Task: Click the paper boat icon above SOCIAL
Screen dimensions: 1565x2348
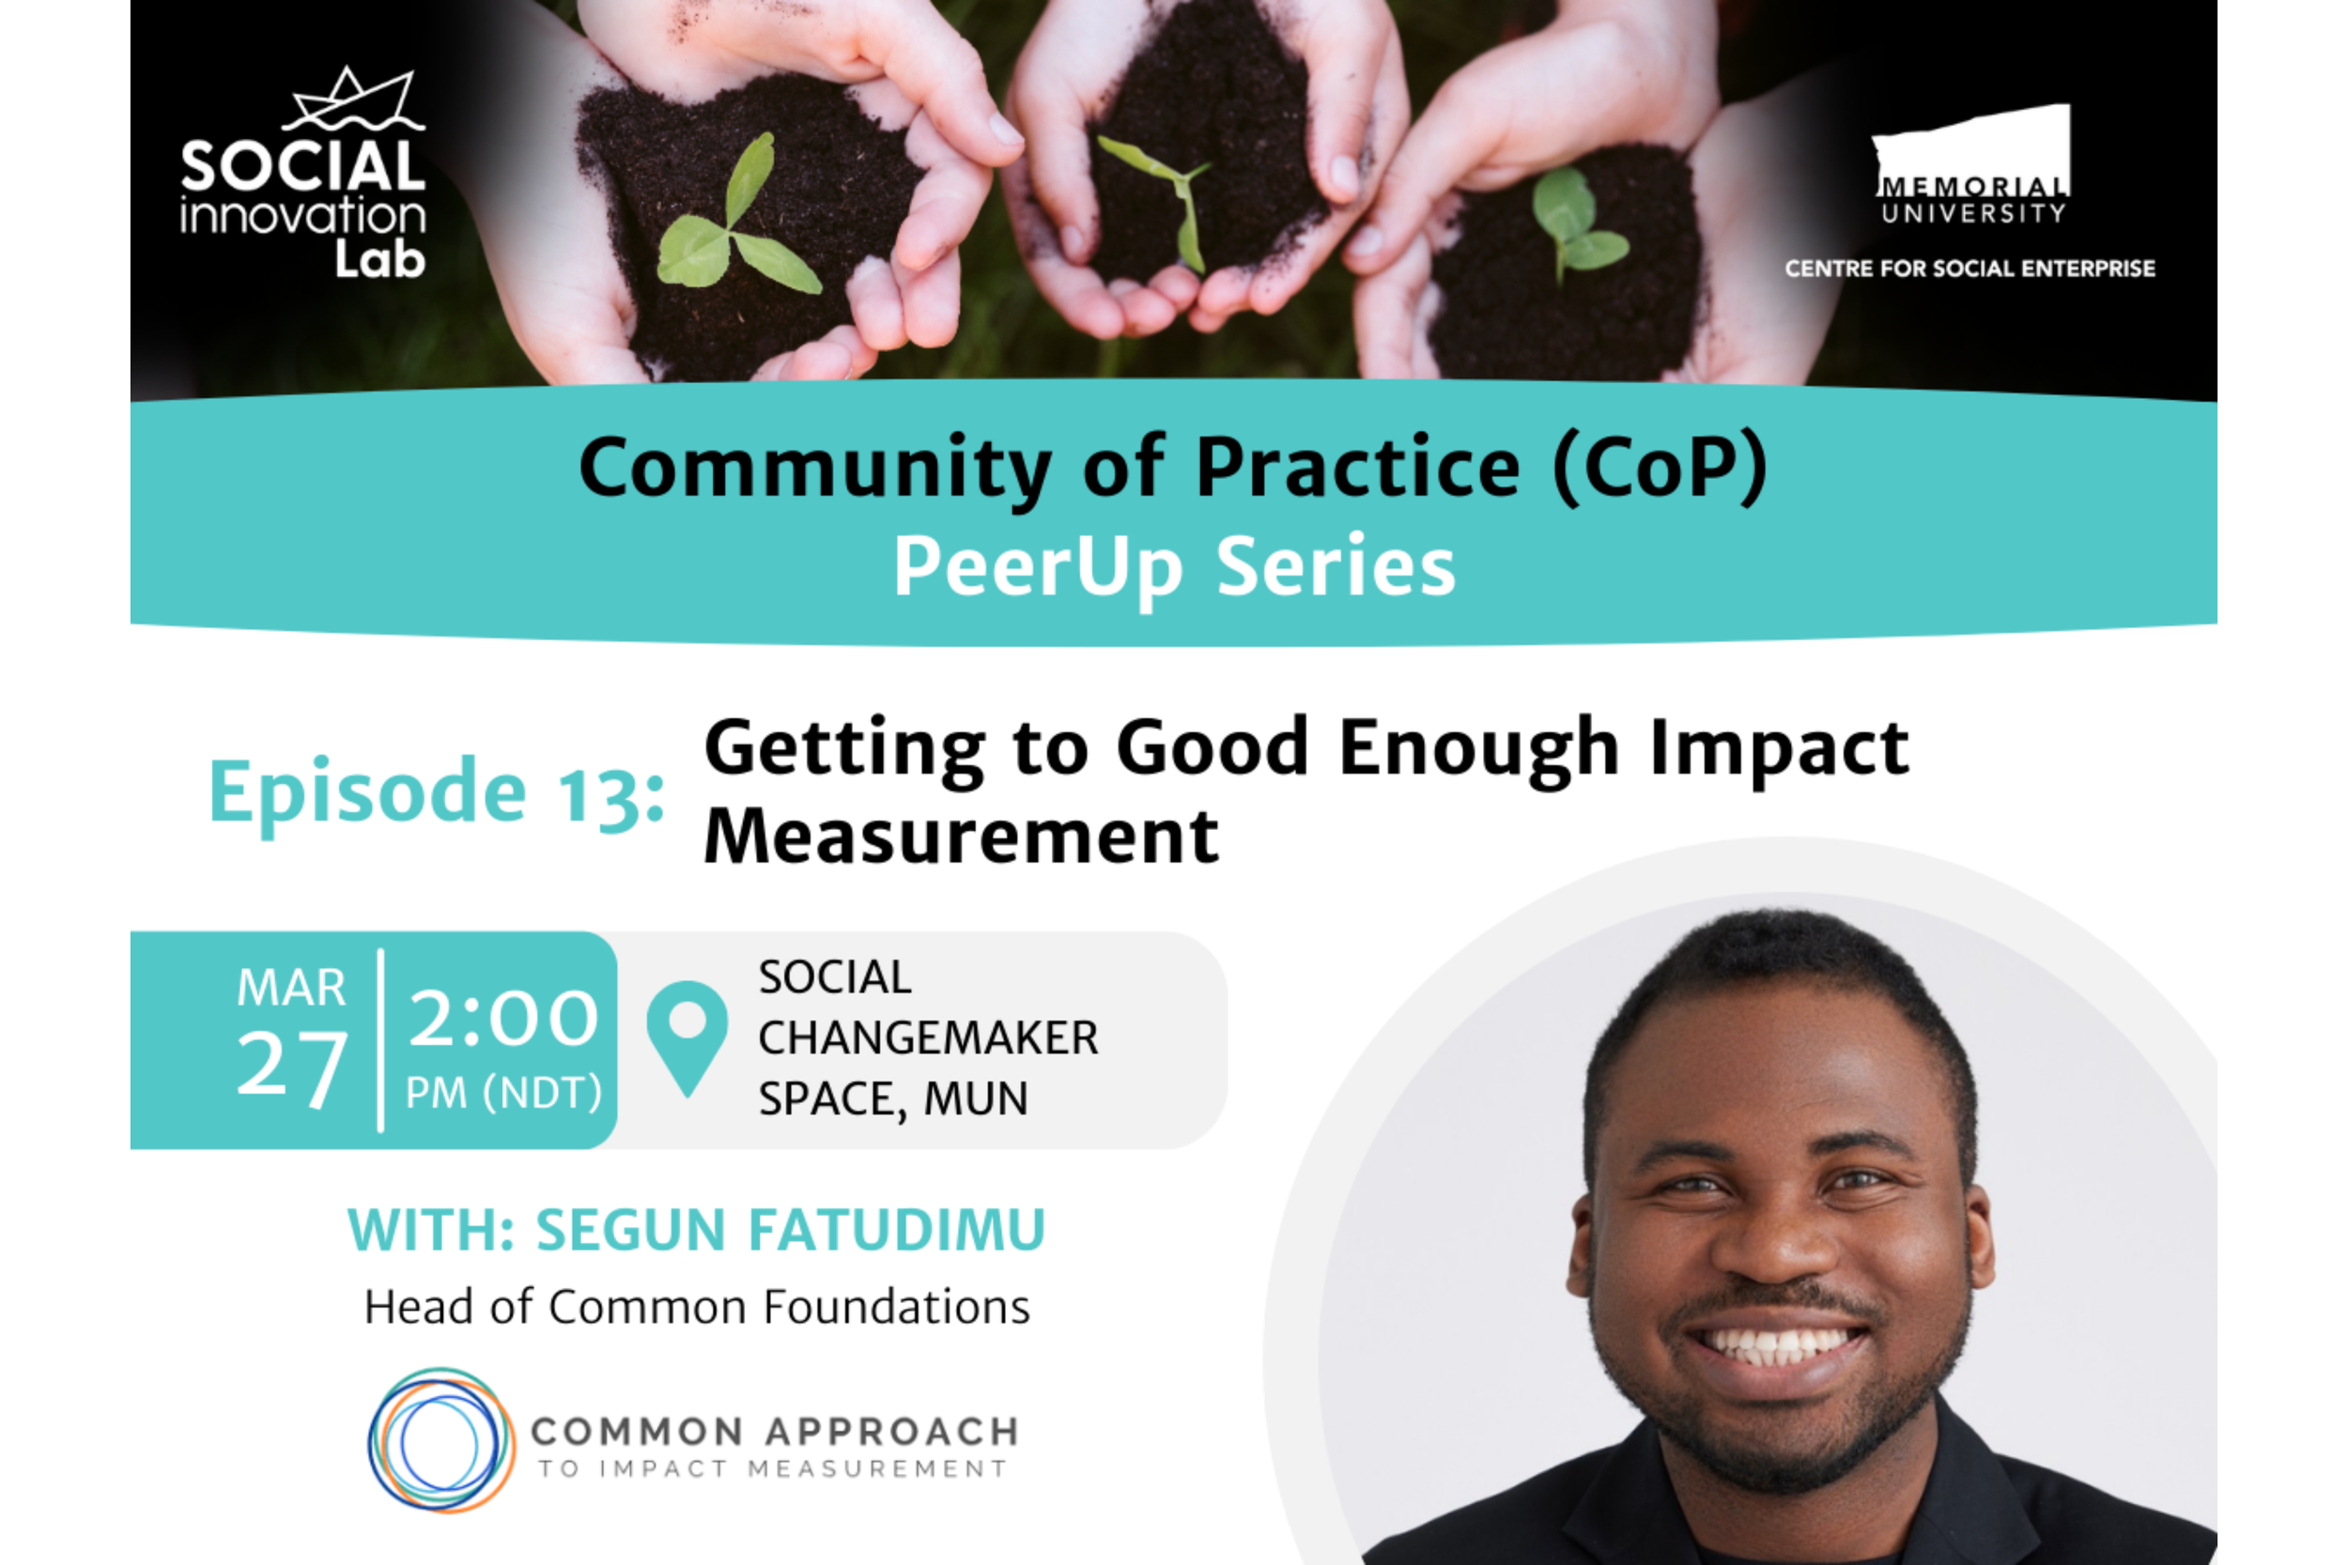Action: pos(354,100)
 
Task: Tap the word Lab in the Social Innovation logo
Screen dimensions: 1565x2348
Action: pos(379,259)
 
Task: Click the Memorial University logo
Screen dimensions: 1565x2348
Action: pos(1971,164)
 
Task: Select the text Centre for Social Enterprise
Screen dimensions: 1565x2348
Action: pos(1970,269)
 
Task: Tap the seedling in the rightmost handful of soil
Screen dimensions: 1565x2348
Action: pos(1577,224)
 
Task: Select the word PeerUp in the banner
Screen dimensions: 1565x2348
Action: pos(1038,567)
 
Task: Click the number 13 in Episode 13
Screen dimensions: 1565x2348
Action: pos(611,793)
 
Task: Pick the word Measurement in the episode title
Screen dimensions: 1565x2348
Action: pos(961,836)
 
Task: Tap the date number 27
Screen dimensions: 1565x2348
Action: pos(291,1066)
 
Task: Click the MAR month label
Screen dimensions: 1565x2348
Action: pos(291,989)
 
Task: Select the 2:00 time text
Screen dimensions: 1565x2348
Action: pos(503,1018)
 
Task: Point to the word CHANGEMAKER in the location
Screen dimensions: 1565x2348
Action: pos(929,1038)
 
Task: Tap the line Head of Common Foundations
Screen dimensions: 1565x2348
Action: pos(697,1307)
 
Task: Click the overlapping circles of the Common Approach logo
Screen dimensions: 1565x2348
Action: pos(440,1440)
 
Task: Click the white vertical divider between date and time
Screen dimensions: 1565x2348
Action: pos(380,1040)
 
